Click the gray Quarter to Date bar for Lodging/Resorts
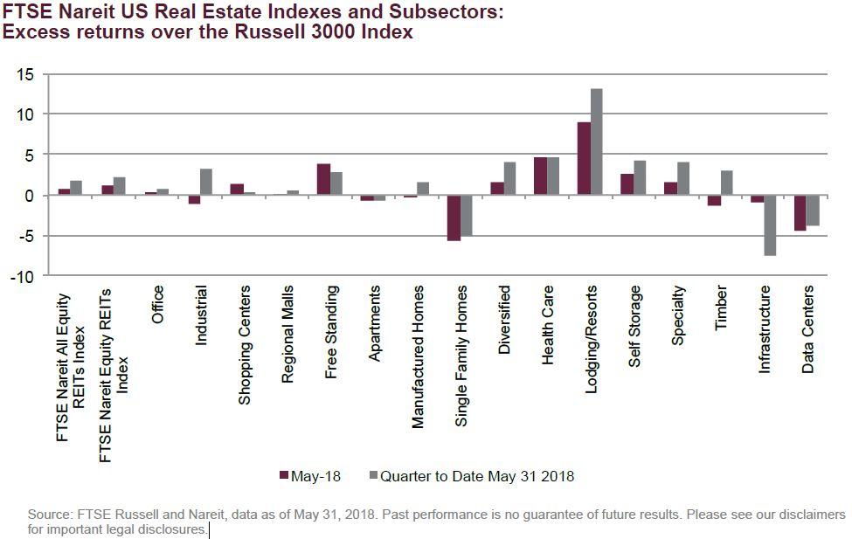tap(597, 142)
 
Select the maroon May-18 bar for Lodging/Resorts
tap(584, 159)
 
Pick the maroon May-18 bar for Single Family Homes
tap(454, 218)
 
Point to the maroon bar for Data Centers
tap(800, 212)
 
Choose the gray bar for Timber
tap(726, 183)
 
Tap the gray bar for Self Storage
tap(640, 178)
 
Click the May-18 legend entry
tap(310, 476)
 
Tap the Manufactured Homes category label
tap(418, 356)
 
